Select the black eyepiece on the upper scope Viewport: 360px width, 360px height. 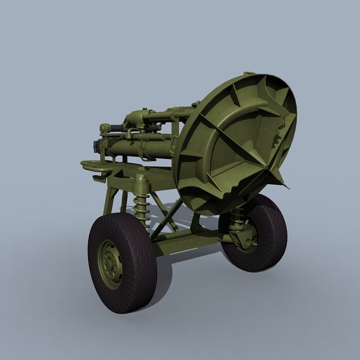click(104, 128)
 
